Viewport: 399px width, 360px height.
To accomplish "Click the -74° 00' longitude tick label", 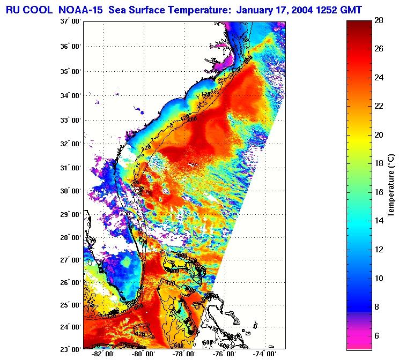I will pos(265,354).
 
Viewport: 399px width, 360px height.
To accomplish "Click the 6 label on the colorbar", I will pos(378,336).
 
